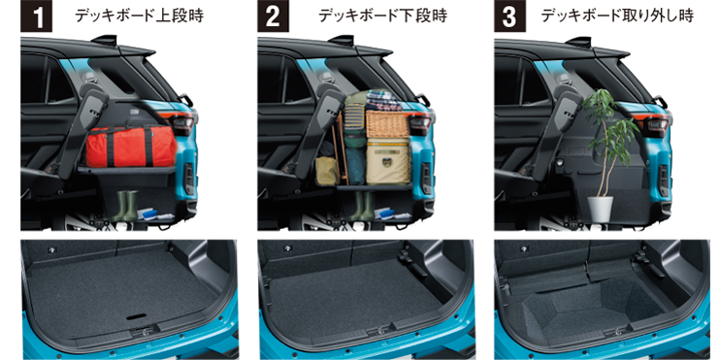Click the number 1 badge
tap(37, 16)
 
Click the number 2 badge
tap(274, 16)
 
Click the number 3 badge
tap(509, 16)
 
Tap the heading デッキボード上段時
tap(139, 16)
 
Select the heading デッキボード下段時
tap(382, 16)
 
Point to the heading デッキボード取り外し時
tap(617, 16)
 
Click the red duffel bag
tap(130, 146)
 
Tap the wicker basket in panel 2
tap(387, 123)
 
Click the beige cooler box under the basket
tap(388, 161)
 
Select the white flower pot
tap(600, 208)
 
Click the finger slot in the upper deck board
tap(136, 317)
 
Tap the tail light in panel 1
tap(182, 123)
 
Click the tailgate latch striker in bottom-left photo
tap(143, 329)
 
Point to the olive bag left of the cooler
tap(327, 171)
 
